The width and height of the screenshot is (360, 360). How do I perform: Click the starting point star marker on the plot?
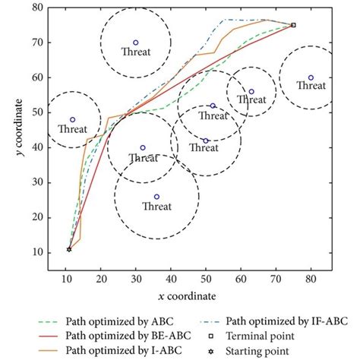point(69,249)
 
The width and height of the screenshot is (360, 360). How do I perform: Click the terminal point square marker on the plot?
point(293,25)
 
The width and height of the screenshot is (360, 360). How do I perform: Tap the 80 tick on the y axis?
point(37,8)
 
